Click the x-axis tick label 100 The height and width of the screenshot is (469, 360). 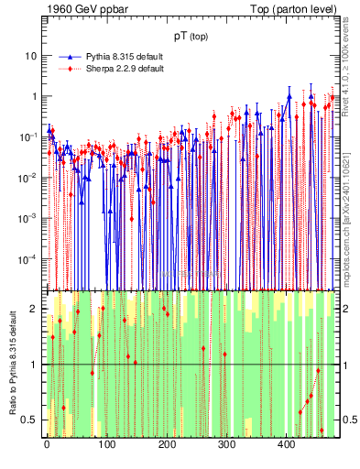click(x=106, y=446)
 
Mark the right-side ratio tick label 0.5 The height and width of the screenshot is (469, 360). click(x=347, y=420)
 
